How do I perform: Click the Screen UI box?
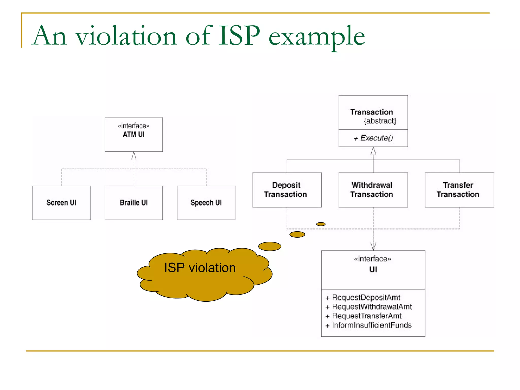[x=61, y=203]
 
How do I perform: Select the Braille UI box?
[x=134, y=203]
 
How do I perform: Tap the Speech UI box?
[x=206, y=203]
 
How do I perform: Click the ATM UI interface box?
[x=134, y=134]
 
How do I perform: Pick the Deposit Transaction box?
[x=287, y=190]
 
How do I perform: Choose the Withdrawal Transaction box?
[x=373, y=190]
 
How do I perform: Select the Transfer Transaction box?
[x=459, y=190]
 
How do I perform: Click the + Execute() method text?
[x=373, y=138]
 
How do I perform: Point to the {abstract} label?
[x=380, y=121]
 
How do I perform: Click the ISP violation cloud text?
[x=200, y=268]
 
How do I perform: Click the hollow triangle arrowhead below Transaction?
[x=373, y=152]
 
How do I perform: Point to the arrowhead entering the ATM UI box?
[x=134, y=155]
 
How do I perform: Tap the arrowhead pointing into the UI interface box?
[x=373, y=246]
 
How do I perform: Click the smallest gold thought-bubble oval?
[x=321, y=224]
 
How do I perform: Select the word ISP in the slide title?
[x=239, y=36]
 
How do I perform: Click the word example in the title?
[x=316, y=37]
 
